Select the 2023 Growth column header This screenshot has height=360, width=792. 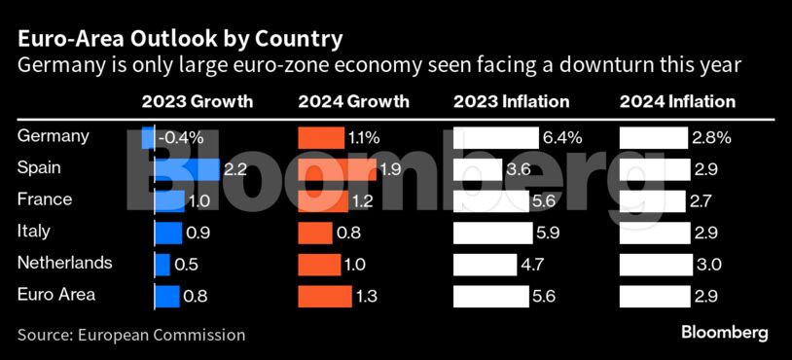(197, 102)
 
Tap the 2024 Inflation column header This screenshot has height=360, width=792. (677, 102)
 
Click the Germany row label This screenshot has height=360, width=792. (54, 137)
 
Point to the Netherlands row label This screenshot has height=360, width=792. (65, 264)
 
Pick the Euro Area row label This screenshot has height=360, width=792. (56, 295)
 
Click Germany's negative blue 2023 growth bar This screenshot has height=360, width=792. (149, 138)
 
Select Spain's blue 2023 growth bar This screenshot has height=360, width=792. (188, 169)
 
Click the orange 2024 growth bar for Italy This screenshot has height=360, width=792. (315, 233)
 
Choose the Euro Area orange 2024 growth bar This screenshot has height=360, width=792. (325, 296)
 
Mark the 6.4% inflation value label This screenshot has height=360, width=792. (562, 138)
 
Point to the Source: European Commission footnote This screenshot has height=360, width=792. (131, 335)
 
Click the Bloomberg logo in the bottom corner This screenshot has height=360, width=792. (724, 333)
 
